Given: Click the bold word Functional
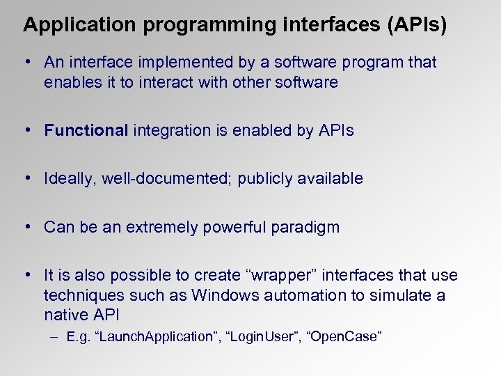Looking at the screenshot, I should pos(86,130).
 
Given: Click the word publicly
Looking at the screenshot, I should pos(264,178).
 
